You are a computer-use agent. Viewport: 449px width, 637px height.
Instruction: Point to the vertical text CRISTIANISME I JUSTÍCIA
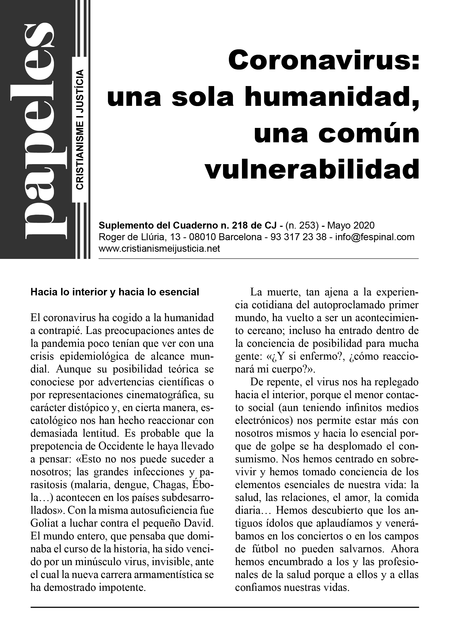pos(80,130)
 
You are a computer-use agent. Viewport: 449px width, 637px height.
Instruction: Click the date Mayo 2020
pos(351,225)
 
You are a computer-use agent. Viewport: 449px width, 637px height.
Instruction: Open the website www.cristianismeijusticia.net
pos(159,249)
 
